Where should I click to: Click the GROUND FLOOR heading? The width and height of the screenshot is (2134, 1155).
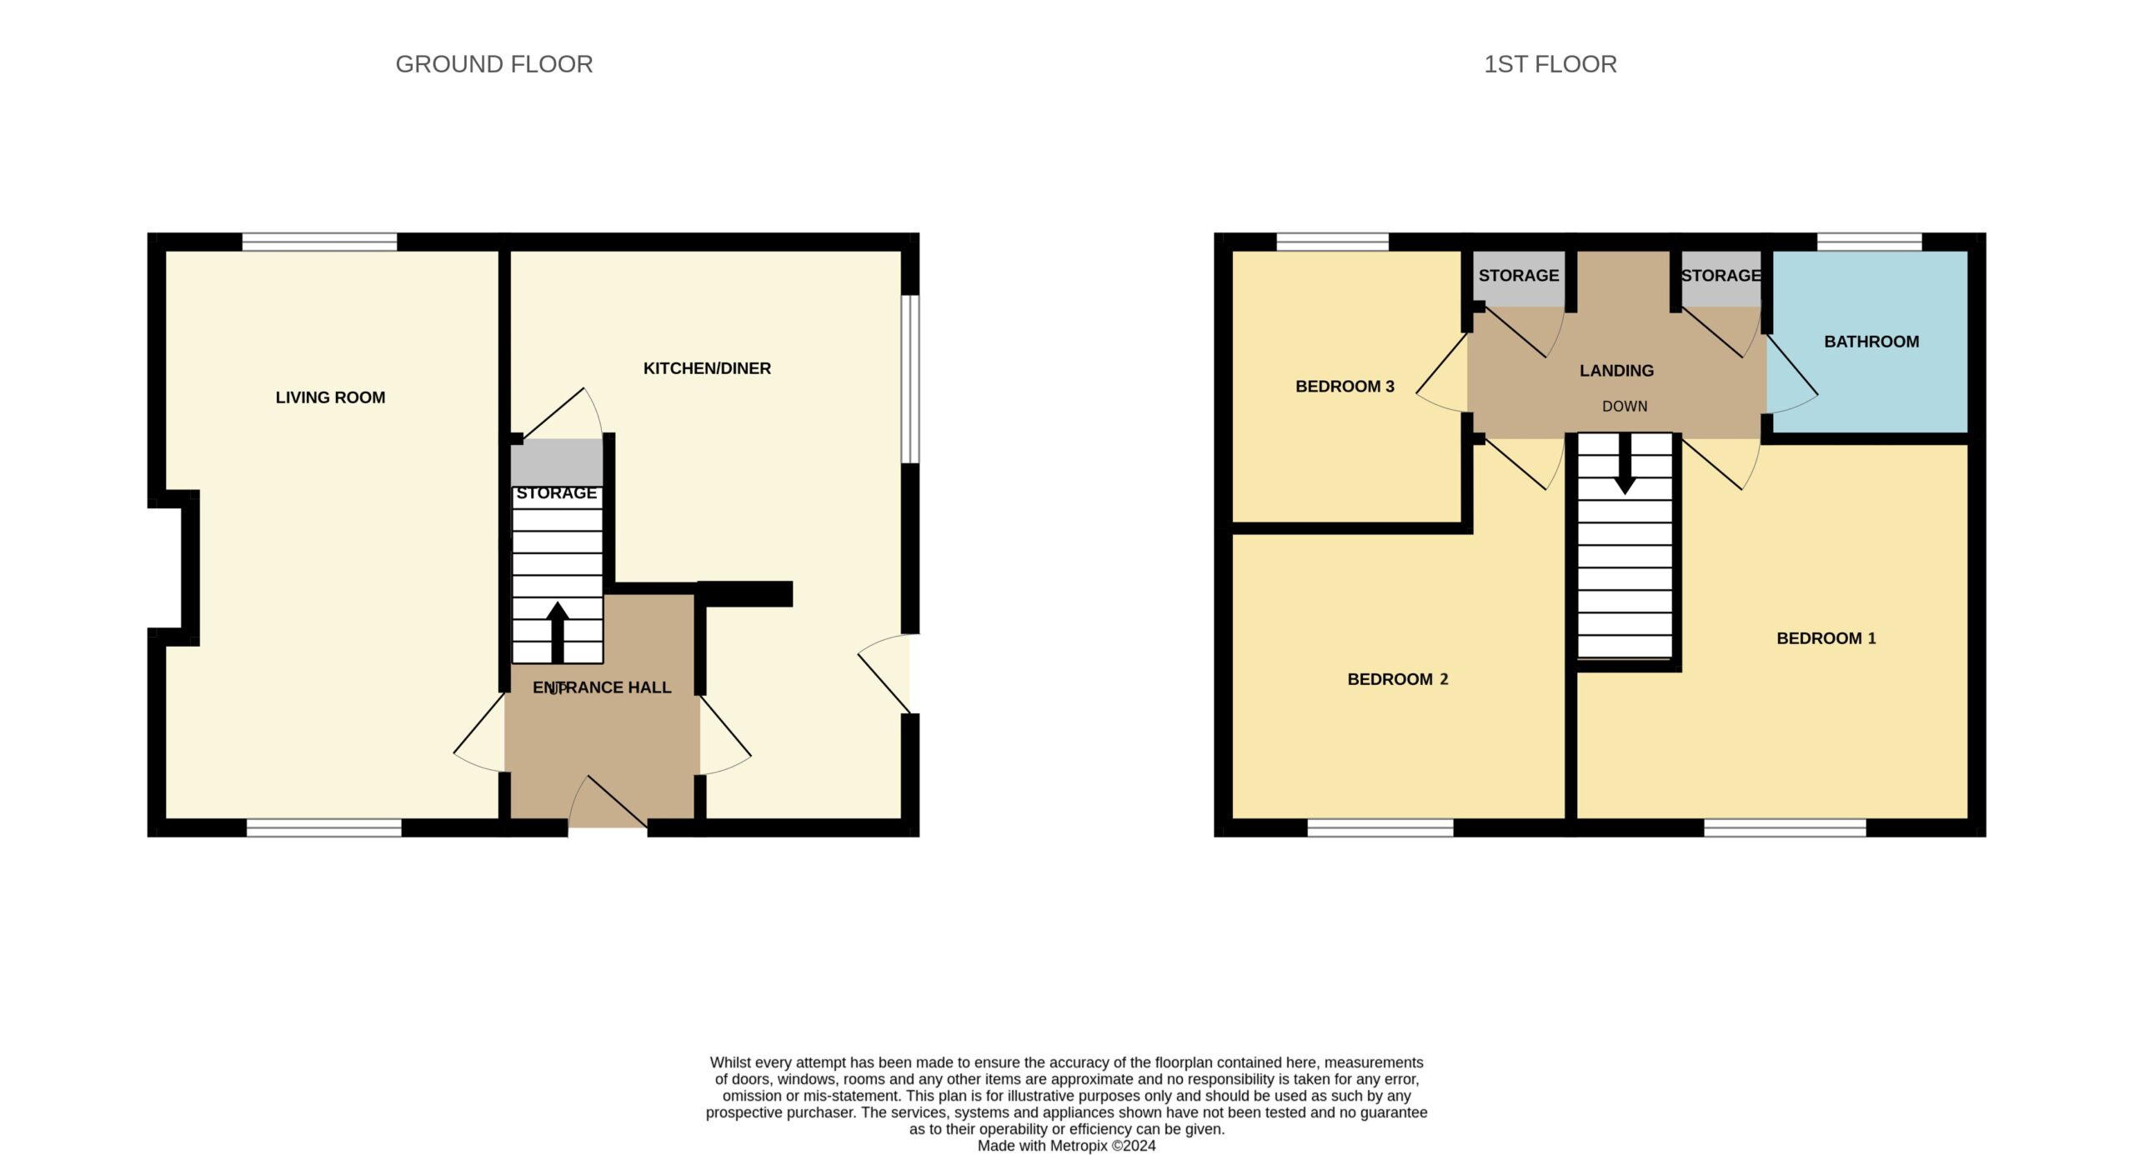(x=493, y=64)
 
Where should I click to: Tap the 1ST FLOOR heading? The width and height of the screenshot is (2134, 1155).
(x=1550, y=64)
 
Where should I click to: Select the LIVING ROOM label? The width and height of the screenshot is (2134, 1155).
(x=330, y=397)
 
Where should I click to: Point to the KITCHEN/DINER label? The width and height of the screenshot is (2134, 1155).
(x=707, y=368)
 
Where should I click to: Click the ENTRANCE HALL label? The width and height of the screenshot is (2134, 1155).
(x=602, y=687)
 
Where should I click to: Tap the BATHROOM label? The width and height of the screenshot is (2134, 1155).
(x=1871, y=342)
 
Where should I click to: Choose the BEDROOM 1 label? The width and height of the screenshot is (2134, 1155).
(x=1826, y=638)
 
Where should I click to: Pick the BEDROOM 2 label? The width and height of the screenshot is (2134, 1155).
(x=1398, y=679)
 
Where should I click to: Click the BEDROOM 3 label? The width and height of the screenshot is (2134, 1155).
(x=1345, y=387)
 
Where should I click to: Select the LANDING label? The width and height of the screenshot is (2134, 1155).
(x=1616, y=371)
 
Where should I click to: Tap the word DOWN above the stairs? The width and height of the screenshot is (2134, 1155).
(x=1625, y=407)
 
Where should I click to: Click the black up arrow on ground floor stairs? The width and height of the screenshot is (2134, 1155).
(x=558, y=632)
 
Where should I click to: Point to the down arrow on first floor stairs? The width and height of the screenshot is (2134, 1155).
(x=1625, y=463)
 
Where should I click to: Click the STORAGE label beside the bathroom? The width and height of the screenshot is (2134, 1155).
(x=1721, y=276)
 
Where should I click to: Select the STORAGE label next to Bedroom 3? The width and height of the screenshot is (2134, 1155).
(x=1519, y=276)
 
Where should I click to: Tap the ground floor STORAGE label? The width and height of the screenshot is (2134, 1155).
(x=557, y=493)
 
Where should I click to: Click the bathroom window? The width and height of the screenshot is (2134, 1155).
(x=1869, y=242)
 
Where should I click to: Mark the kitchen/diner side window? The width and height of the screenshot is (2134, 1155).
(x=910, y=379)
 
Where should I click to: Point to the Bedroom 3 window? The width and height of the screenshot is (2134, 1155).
(x=1332, y=242)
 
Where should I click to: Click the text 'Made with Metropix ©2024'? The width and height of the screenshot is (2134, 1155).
(x=1066, y=1146)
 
